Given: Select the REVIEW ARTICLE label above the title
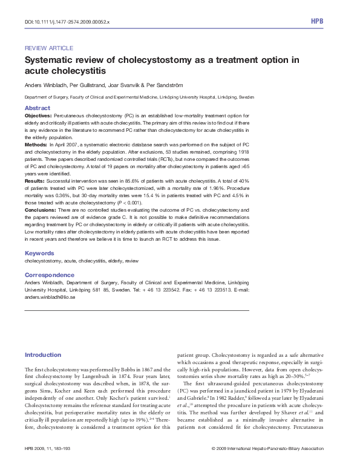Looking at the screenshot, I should pos(48,48).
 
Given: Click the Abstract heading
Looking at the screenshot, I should pos(37,108).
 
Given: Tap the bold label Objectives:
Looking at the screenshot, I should pos(38,115).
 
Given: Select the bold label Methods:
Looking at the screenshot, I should pos(35,146).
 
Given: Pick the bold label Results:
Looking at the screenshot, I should pos(34,181).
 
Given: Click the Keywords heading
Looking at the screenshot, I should pos(39,253).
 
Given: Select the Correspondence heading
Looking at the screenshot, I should pos(50,275).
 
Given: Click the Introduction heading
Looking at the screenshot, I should pos(43,354).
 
